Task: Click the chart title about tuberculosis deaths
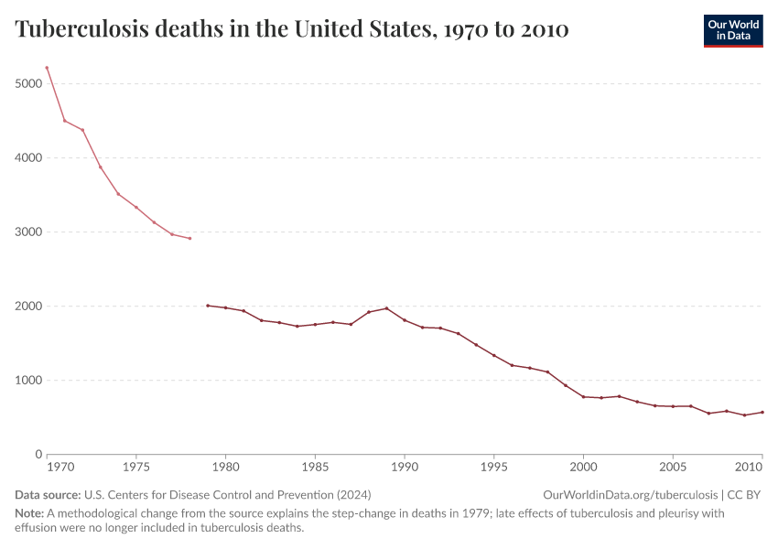point(292,29)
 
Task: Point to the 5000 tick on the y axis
point(28,83)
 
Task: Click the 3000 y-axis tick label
point(28,231)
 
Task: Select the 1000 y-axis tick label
point(28,380)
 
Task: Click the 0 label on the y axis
point(38,454)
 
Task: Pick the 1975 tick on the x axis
point(135,468)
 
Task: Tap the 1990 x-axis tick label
point(404,468)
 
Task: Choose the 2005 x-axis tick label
point(673,468)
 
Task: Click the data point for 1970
point(47,68)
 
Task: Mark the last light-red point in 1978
point(189,239)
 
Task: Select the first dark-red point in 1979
point(208,306)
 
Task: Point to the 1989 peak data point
point(386,308)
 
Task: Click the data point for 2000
point(583,397)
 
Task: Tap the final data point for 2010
point(762,412)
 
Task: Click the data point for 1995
point(493,355)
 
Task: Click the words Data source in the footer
point(47,495)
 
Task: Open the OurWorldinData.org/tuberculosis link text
point(630,495)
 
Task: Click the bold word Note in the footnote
point(28,513)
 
